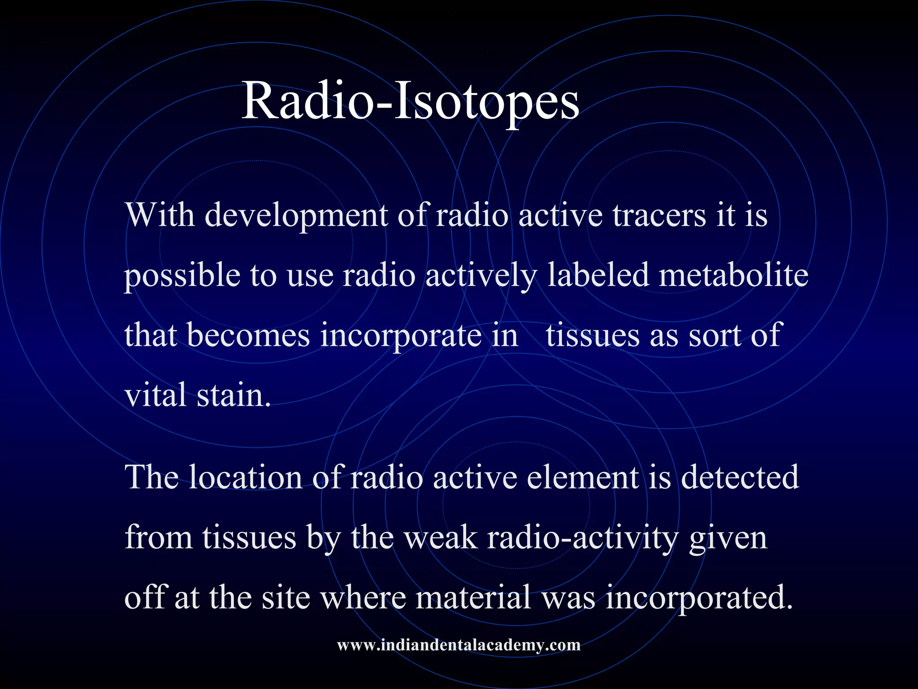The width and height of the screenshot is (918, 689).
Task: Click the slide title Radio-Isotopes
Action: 410,102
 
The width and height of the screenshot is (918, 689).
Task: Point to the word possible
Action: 182,276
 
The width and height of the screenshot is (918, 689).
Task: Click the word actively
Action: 481,276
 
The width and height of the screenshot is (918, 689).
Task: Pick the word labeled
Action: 598,275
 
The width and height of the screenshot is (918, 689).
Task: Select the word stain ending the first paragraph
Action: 234,396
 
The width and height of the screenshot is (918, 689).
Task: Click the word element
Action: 582,477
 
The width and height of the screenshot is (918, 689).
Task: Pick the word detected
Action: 740,477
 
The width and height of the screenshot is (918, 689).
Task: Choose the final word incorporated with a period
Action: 699,598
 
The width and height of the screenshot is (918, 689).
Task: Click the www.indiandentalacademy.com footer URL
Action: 459,645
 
